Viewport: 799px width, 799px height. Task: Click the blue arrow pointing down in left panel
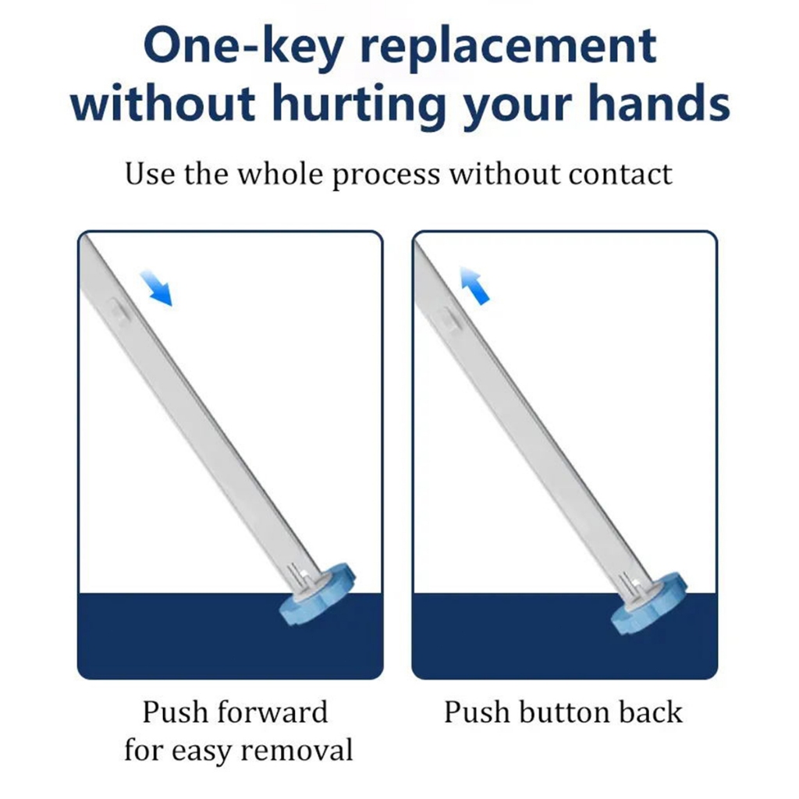pyautogui.click(x=156, y=289)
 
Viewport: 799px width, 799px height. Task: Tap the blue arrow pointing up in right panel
pyautogui.click(x=474, y=286)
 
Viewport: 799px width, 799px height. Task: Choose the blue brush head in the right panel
pyautogui.click(x=648, y=603)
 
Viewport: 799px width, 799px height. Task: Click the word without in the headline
pyautogui.click(x=163, y=104)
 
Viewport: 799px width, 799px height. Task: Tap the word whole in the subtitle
pyautogui.click(x=280, y=174)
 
